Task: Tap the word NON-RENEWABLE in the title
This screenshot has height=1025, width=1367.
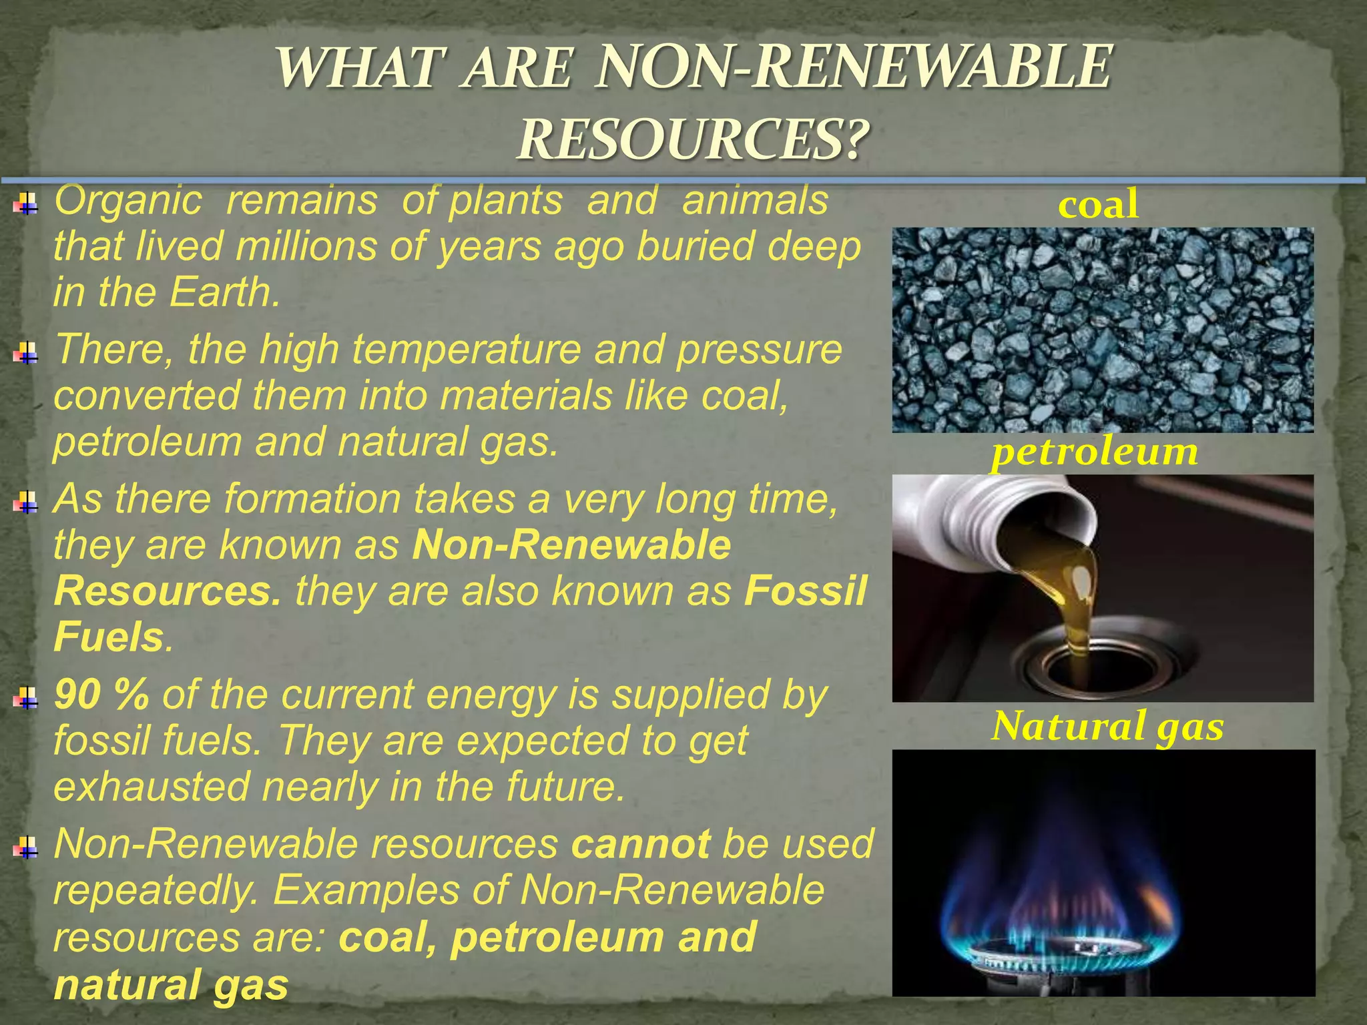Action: tap(854, 67)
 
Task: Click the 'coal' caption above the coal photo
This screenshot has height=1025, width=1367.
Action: tap(1098, 204)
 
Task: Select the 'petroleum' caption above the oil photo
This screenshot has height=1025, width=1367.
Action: tap(1095, 452)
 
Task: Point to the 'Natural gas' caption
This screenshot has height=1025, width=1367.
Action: tap(1107, 726)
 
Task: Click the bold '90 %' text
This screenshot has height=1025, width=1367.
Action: tap(101, 695)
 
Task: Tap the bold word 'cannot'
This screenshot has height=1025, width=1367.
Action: tap(641, 844)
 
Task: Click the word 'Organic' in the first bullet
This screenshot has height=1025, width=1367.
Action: tap(127, 200)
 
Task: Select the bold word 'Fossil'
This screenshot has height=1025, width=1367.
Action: tap(806, 591)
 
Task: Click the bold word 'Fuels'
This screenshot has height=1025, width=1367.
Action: tap(109, 637)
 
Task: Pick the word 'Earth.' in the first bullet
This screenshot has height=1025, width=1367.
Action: tap(224, 292)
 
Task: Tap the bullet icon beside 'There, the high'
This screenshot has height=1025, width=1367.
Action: tap(26, 352)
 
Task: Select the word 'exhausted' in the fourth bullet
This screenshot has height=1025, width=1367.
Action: tap(151, 787)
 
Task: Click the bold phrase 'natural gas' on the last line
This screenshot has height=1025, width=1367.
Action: tap(171, 985)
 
